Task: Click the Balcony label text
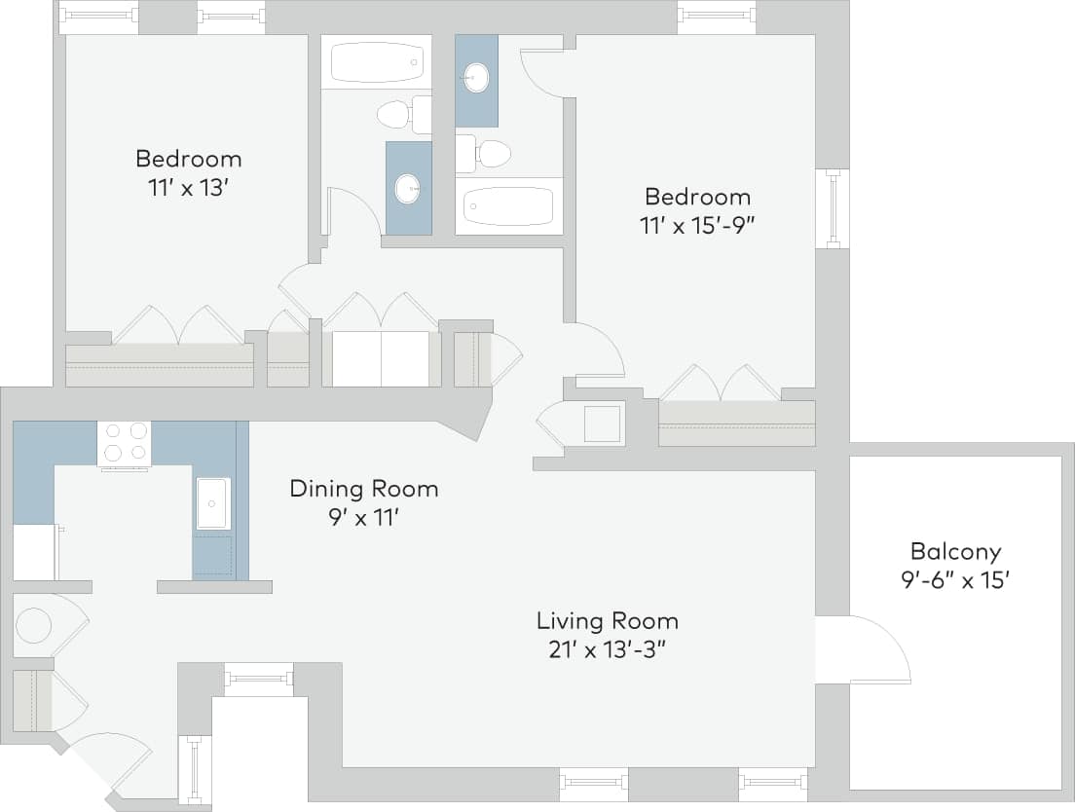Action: [955, 552]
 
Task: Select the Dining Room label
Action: [364, 489]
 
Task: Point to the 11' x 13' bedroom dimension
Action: [188, 187]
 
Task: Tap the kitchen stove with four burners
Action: [125, 442]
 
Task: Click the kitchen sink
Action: [212, 503]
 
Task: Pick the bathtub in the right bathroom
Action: [508, 205]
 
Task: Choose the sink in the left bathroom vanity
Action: [408, 188]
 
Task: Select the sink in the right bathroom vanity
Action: [476, 77]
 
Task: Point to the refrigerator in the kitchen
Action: [34, 552]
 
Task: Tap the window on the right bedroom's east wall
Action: [832, 208]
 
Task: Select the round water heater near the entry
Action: [34, 625]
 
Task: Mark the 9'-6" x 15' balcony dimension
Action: [954, 581]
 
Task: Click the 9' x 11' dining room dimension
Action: [363, 518]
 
